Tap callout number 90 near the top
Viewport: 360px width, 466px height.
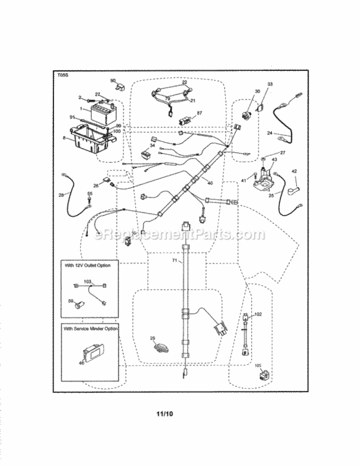(113, 81)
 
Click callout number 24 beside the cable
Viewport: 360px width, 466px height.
(269, 133)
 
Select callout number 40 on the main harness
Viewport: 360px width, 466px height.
(210, 183)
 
